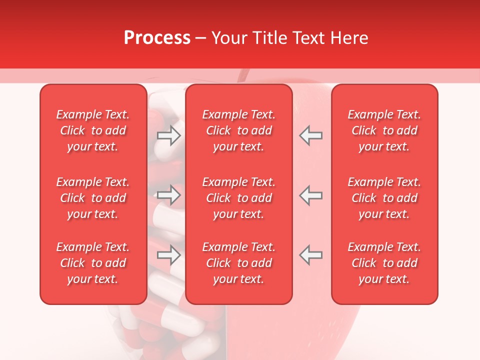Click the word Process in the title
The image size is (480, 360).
(157, 38)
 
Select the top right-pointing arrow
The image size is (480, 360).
(168, 135)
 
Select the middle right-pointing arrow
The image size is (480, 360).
(168, 195)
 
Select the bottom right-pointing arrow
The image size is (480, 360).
(168, 255)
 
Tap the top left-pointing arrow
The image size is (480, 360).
(311, 135)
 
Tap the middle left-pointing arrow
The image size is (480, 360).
(311, 195)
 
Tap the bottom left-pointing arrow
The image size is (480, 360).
(311, 255)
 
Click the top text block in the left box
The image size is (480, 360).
(93, 130)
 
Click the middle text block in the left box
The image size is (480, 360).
(93, 198)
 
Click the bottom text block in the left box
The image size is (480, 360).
(93, 263)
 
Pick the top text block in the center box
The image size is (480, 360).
(239, 130)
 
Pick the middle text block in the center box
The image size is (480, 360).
(239, 198)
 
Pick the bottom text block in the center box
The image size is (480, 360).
(239, 263)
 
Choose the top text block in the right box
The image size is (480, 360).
(384, 130)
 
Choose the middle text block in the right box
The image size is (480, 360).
(384, 198)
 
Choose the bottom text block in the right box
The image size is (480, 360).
(384, 263)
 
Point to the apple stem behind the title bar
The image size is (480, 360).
(243, 75)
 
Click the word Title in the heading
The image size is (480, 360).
(270, 38)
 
